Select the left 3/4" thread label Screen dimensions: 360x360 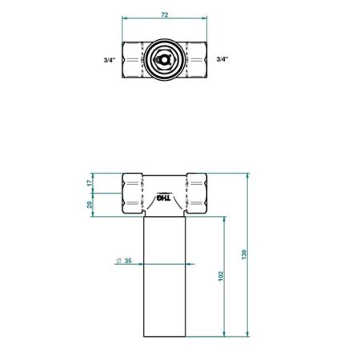point(110,59)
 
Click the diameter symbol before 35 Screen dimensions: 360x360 point(118,262)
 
